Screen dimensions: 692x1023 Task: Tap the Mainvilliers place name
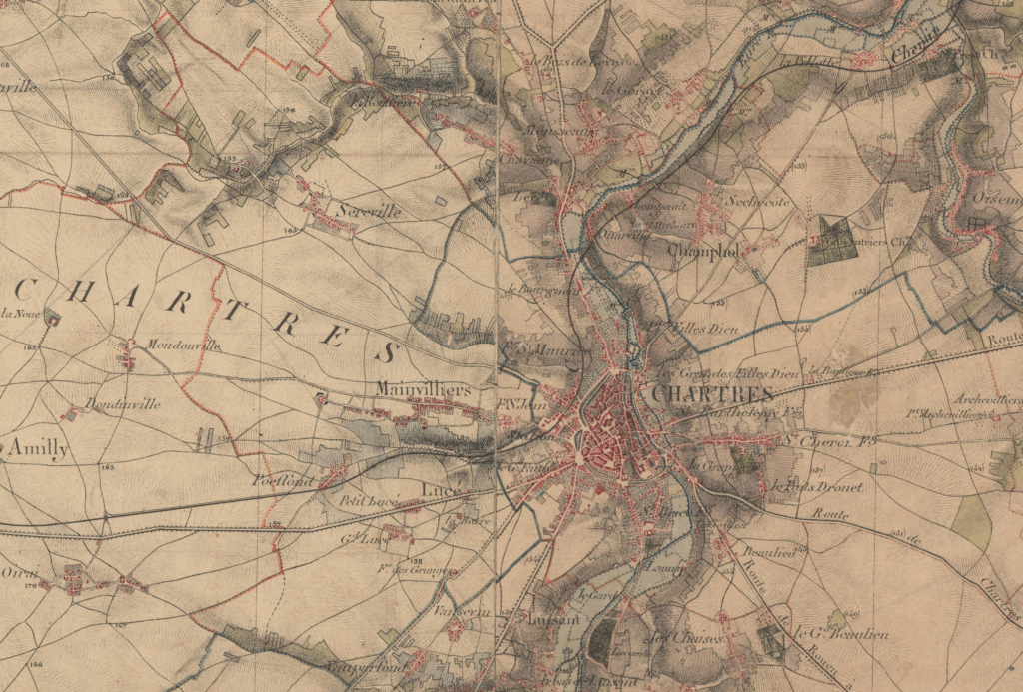tap(424, 389)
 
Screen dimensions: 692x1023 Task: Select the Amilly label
tap(38, 449)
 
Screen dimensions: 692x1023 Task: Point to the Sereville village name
tap(369, 212)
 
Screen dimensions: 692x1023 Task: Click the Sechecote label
tap(758, 200)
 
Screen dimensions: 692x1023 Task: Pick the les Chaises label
tap(669, 638)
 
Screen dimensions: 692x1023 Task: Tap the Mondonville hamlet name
tap(183, 346)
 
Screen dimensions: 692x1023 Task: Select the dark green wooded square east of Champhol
tap(831, 240)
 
